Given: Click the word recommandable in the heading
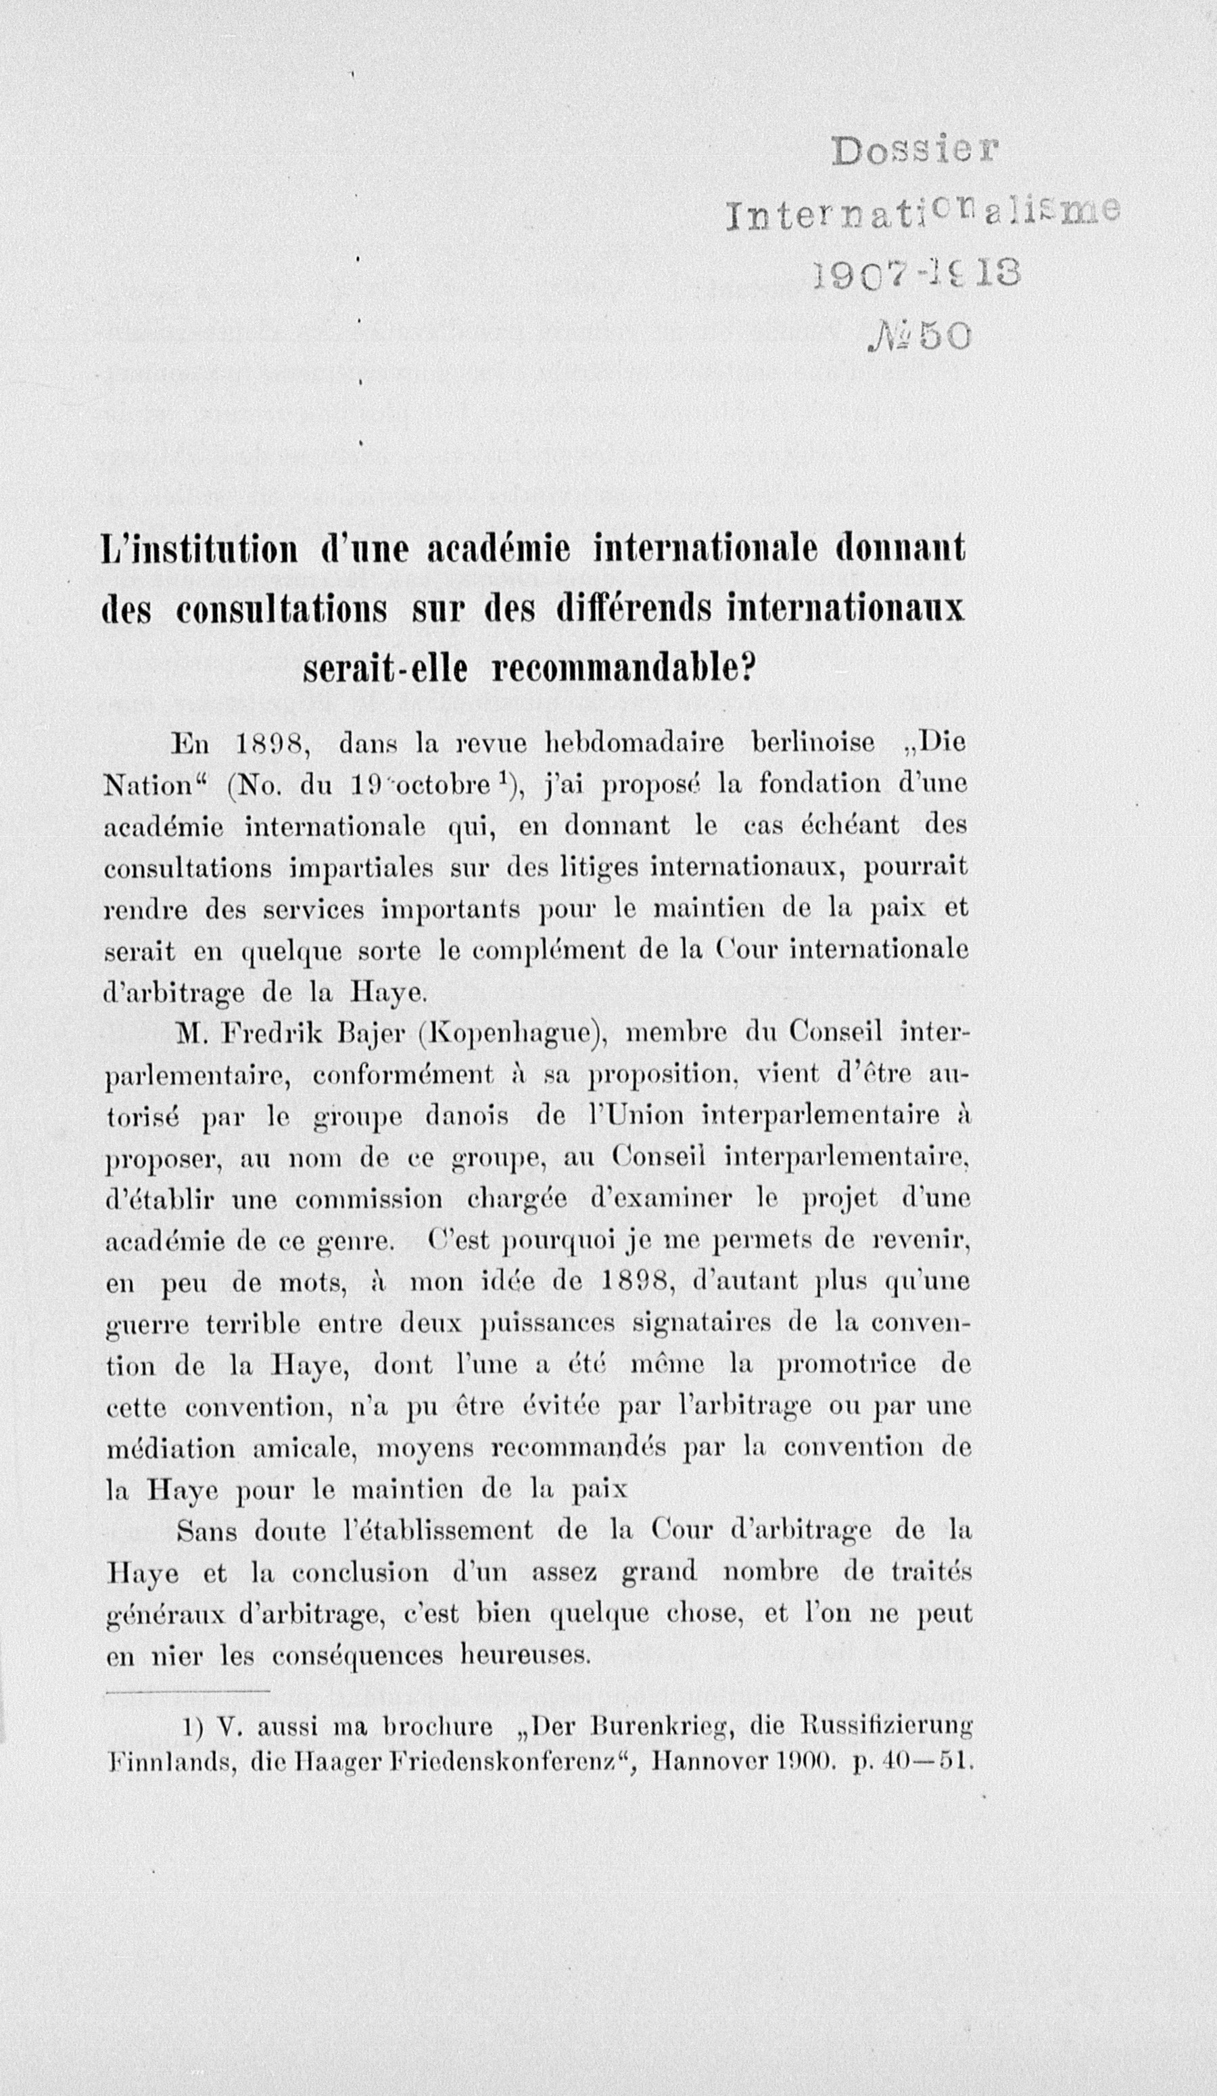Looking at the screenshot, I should pos(621,671).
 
